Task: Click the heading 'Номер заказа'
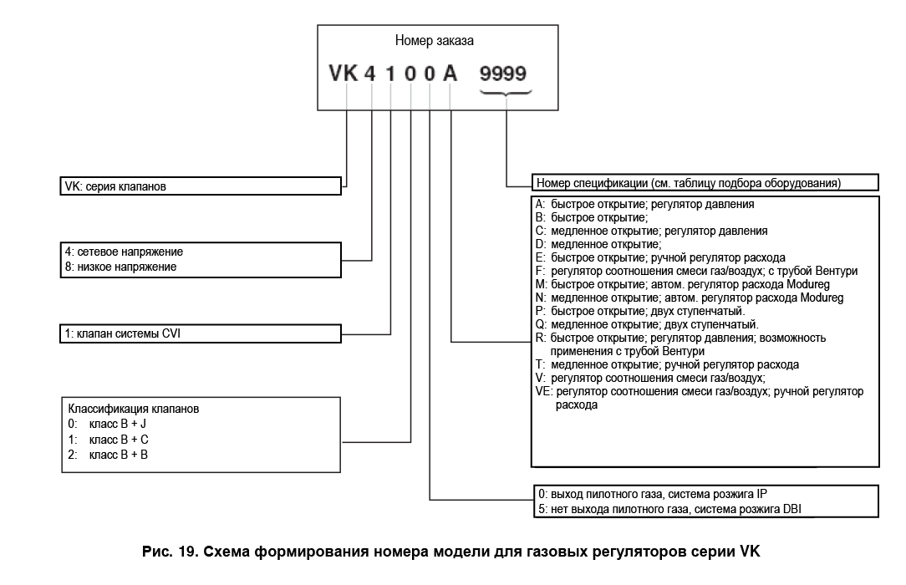point(437,40)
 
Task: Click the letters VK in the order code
point(343,74)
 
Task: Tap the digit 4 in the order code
point(371,74)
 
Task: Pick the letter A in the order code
point(450,74)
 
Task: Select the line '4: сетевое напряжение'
point(124,252)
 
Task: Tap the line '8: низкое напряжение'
point(120,267)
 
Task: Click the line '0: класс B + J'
point(109,425)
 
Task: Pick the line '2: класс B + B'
point(109,455)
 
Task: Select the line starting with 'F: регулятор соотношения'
point(695,271)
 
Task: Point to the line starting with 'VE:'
point(699,391)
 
